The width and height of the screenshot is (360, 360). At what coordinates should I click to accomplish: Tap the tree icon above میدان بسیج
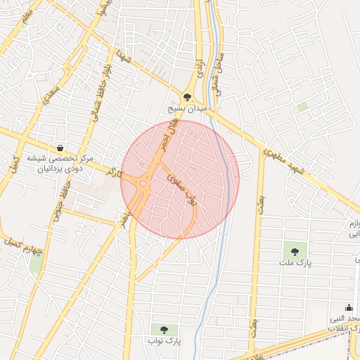click(x=187, y=98)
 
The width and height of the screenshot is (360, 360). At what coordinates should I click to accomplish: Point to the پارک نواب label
click(x=166, y=341)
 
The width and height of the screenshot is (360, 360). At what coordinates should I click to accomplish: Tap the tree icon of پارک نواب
click(x=165, y=328)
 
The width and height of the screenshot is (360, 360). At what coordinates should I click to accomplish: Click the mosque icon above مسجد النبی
click(x=349, y=307)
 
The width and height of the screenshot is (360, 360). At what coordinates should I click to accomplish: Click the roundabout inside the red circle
click(x=143, y=185)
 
